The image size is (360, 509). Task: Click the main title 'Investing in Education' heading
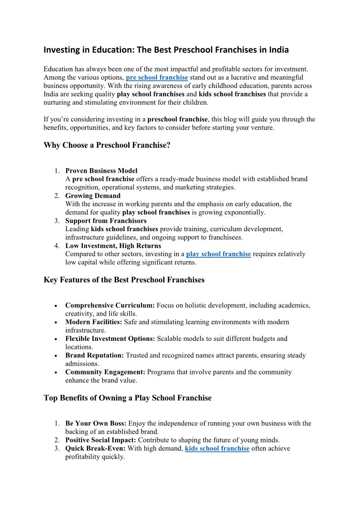pos(166,50)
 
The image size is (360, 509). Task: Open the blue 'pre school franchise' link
pos(157,78)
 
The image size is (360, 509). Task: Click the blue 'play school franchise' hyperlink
pos(219,254)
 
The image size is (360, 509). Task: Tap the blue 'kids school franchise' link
pos(217,448)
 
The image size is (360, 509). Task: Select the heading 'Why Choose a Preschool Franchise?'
pos(107,145)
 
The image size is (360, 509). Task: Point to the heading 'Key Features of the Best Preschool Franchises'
pos(124,280)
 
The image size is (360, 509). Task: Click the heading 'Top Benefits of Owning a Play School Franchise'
pos(127,398)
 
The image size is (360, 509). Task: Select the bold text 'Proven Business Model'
pos(101,171)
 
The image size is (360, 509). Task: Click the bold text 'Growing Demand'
pos(93,196)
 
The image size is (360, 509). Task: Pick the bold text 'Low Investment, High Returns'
pos(113,246)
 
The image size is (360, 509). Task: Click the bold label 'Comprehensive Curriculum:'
pos(110,305)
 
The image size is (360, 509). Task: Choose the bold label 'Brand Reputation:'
pos(95,355)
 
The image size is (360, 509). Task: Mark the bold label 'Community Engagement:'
pos(105,372)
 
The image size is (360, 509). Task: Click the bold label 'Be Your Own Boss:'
pos(96,423)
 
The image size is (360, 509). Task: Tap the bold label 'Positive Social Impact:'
pos(101,440)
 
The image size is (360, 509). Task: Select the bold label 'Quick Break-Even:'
pos(95,448)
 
